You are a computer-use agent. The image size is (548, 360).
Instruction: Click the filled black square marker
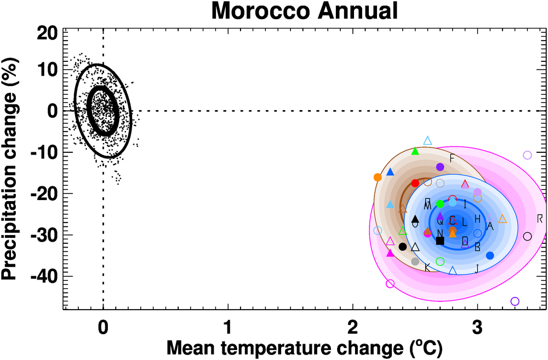click(440, 241)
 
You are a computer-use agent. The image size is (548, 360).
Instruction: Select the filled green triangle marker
click(415, 151)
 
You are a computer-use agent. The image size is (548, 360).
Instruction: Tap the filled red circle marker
click(415, 183)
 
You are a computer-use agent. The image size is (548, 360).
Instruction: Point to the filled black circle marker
click(403, 247)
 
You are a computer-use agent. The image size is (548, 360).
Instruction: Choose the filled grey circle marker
click(415, 261)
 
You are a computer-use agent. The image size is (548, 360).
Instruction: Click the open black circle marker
click(527, 236)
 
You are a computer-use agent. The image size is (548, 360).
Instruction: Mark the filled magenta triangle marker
click(390, 253)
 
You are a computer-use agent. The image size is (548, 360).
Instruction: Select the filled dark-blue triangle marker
click(390, 172)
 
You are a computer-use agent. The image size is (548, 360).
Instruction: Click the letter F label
click(452, 158)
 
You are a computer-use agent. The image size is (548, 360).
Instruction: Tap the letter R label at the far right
click(540, 219)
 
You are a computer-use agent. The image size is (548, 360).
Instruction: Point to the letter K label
click(427, 267)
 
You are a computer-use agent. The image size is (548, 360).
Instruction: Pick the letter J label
click(477, 268)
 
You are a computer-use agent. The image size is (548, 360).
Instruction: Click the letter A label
click(490, 226)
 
